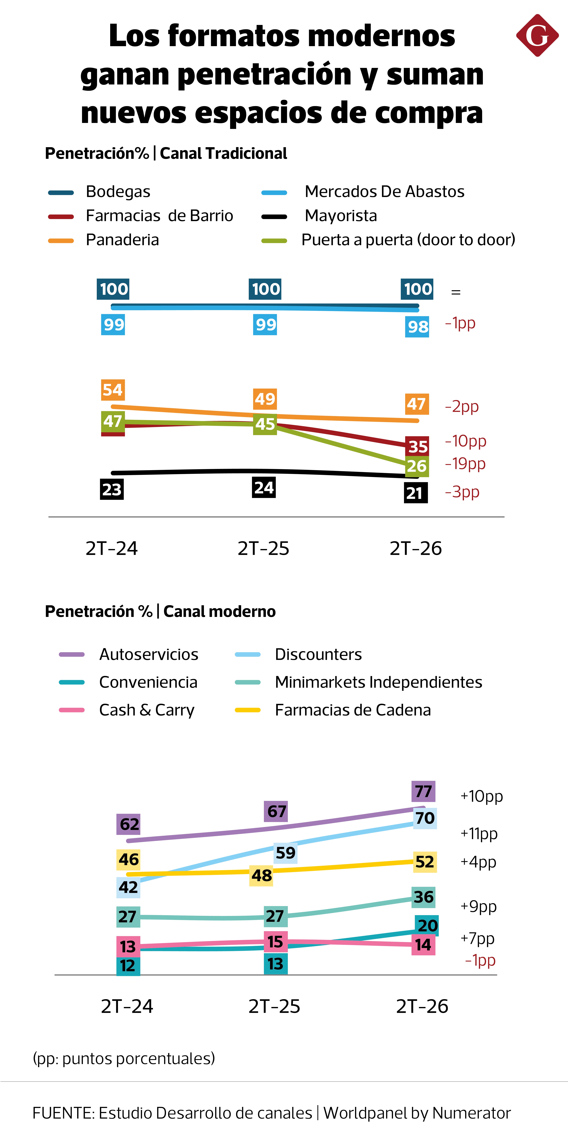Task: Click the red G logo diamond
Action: pos(537,35)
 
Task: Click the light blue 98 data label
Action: pos(417,327)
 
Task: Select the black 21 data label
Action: pos(416,493)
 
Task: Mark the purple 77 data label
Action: pos(423,791)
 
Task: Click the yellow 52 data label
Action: pos(425,862)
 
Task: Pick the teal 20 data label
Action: pos(427,925)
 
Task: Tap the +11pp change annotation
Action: pos(479,834)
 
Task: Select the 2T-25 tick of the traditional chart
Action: pos(263,548)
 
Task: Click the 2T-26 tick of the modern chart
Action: pos(422,1006)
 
